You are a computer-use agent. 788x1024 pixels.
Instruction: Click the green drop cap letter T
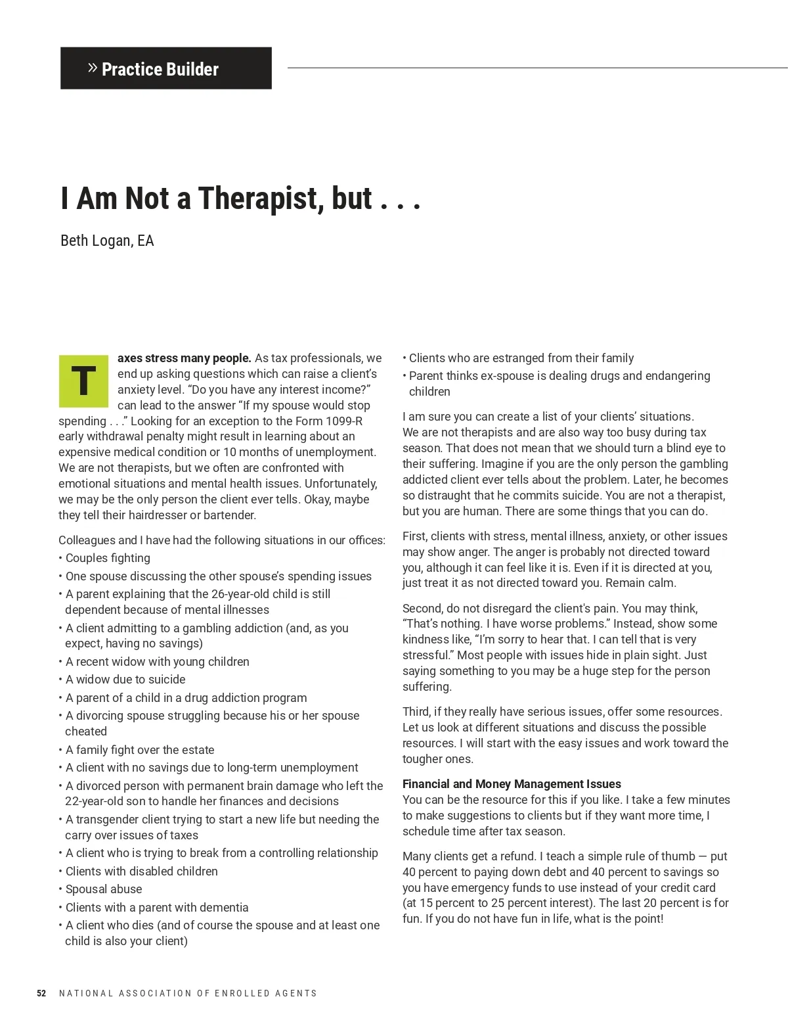pyautogui.click(x=83, y=381)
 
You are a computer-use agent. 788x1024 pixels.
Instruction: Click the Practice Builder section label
pyautogui.click(x=160, y=69)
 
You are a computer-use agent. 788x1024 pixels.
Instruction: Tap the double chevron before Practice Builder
pyautogui.click(x=93, y=68)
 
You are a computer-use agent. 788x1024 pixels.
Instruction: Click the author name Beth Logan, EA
pyautogui.click(x=107, y=241)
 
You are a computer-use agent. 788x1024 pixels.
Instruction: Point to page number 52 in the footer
pyautogui.click(x=41, y=993)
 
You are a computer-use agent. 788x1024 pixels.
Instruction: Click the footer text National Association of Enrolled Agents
pyautogui.click(x=188, y=993)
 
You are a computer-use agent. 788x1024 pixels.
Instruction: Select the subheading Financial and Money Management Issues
pyautogui.click(x=512, y=783)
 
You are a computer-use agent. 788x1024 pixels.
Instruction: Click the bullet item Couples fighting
pyautogui.click(x=108, y=558)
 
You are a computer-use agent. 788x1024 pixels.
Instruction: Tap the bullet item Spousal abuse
pyautogui.click(x=104, y=889)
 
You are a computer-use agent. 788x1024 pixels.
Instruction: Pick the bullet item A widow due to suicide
pyautogui.click(x=125, y=679)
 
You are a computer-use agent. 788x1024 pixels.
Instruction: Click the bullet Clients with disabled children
pyautogui.click(x=142, y=871)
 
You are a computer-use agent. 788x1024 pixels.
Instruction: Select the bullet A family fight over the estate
pyautogui.click(x=140, y=749)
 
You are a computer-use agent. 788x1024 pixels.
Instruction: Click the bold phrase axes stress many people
pyautogui.click(x=184, y=358)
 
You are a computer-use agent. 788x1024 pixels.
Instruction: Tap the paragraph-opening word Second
pyautogui.click(x=423, y=608)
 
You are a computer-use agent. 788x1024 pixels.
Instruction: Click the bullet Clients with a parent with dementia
pyautogui.click(x=157, y=907)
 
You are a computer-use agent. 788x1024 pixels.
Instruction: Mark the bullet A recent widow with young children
pyautogui.click(x=158, y=661)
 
